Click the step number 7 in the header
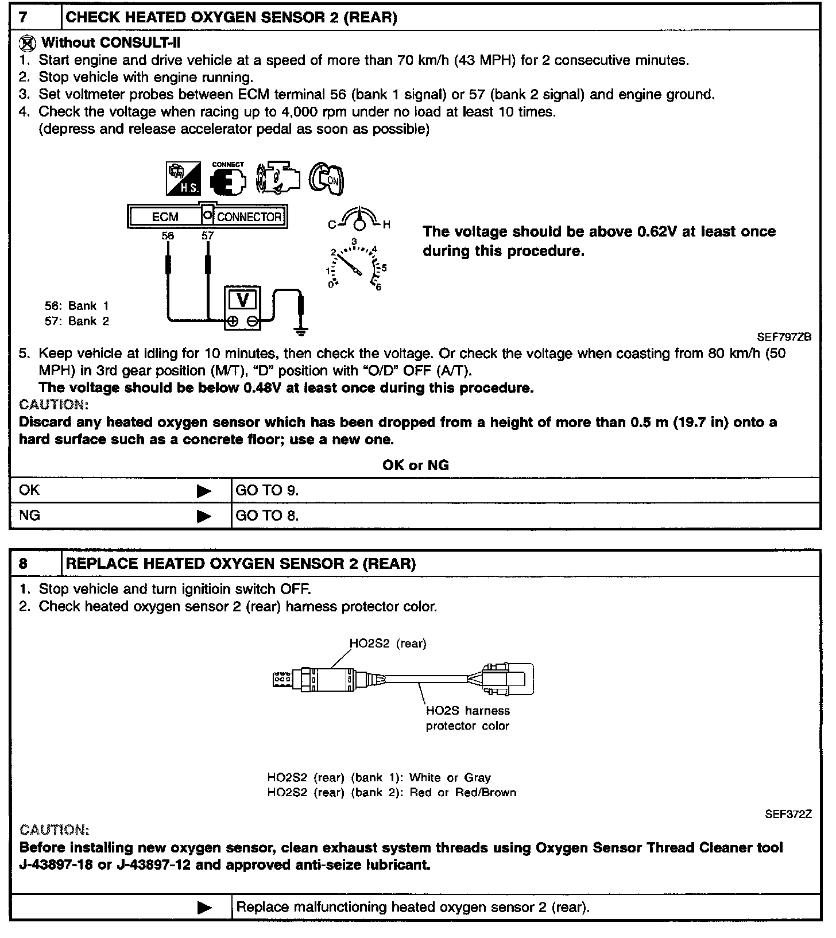24,18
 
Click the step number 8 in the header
24,564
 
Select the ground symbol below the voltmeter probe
300,330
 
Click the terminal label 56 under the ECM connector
168,235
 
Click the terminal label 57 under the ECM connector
207,235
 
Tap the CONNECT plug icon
228,179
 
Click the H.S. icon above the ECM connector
183,179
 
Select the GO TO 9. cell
268,490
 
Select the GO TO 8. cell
268,515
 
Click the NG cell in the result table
30,515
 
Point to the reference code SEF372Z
788,814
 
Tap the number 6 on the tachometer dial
378,287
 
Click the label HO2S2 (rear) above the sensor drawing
388,644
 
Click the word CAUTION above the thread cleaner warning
54,830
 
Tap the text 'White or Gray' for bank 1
450,778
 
